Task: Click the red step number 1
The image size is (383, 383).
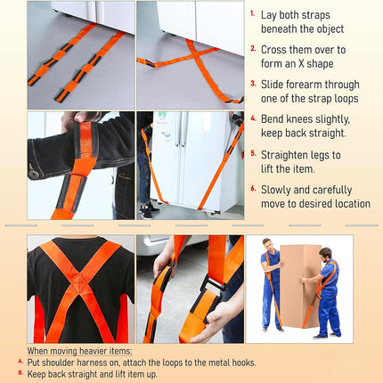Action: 252,13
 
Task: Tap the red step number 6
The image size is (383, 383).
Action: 253,188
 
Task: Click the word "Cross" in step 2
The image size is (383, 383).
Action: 274,50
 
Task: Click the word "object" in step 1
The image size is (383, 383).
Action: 329,29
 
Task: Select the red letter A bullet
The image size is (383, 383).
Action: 20,362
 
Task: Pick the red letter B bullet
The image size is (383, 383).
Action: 20,372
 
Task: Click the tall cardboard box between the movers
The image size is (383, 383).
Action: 300,286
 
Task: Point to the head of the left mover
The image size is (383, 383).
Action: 268,244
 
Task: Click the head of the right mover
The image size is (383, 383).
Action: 326,253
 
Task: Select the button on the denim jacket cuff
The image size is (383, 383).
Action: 33,174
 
